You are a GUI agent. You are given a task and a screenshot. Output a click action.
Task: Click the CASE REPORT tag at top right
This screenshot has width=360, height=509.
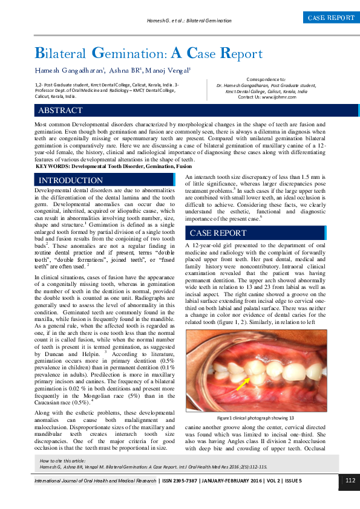pos(331,18)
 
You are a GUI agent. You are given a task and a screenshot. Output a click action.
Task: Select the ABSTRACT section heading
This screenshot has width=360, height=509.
pos(61,111)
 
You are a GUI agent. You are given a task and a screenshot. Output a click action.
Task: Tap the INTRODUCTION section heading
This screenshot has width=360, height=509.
pos(71,180)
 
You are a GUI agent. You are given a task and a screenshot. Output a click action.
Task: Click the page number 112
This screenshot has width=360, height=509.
pos(350,480)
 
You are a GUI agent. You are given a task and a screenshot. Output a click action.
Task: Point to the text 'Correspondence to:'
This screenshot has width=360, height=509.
pos(266,79)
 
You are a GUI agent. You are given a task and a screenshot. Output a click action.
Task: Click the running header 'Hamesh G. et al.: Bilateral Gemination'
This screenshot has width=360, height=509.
pos(189,21)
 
